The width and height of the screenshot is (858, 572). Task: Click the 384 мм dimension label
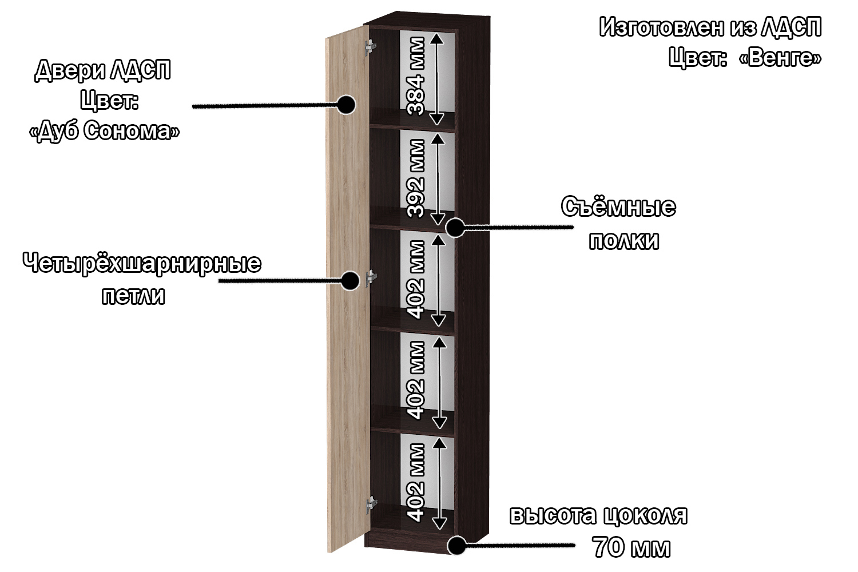416,76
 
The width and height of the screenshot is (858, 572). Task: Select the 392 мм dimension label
416,178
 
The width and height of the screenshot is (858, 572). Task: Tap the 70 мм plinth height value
632,547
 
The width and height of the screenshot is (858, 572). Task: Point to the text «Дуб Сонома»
104,130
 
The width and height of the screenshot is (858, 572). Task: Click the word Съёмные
618,207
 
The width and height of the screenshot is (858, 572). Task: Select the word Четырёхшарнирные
142,264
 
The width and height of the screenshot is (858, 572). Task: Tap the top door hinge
370,47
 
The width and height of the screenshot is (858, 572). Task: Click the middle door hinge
371,278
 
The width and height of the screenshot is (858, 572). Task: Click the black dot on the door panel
346,105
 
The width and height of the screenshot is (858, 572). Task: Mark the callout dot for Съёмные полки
455,228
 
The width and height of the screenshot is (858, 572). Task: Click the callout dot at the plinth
457,545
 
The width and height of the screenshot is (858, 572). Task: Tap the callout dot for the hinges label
349,281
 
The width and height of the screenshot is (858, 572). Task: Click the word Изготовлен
661,27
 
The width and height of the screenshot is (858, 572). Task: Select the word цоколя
646,516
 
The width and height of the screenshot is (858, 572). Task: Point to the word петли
133,296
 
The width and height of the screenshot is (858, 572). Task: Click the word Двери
70,71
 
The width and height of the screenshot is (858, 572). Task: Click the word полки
624,241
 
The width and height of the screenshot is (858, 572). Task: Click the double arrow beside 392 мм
438,179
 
